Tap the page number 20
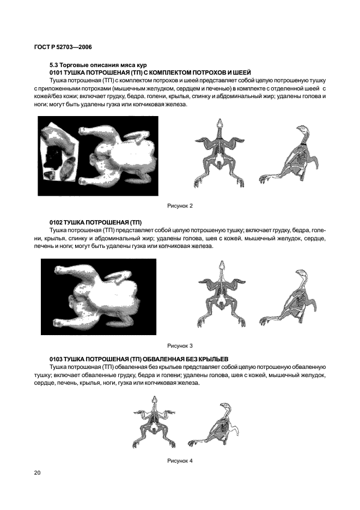click(x=37, y=472)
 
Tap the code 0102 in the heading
click(x=56, y=222)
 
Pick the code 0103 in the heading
click(x=56, y=360)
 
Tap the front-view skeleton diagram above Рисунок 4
click(x=155, y=426)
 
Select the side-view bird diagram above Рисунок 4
click(x=215, y=426)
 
